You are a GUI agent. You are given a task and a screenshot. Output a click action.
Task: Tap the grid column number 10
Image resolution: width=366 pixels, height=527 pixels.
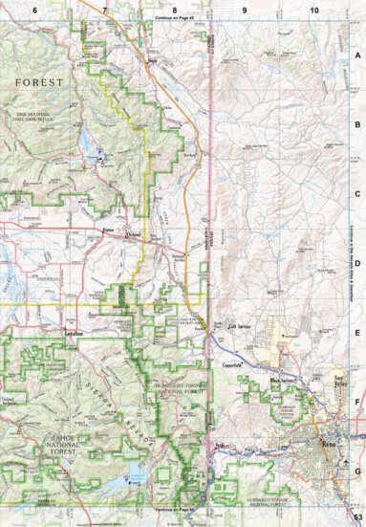click(x=313, y=9)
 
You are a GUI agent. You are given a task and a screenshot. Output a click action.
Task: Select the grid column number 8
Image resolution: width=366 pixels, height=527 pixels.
click(x=174, y=9)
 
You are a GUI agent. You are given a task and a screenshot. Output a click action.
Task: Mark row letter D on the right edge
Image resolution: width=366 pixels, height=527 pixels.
click(x=357, y=264)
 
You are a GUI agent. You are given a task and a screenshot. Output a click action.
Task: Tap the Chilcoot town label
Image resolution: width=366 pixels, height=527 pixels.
click(x=135, y=232)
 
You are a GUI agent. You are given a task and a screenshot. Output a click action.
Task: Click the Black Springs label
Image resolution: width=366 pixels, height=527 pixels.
click(x=283, y=381)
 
